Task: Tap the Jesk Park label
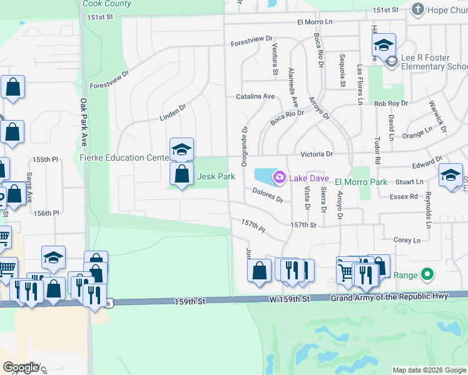[216, 177]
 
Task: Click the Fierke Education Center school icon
[181, 150]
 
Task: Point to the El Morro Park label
[361, 181]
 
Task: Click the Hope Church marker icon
[417, 9]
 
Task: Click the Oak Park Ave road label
[83, 119]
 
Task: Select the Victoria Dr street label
[317, 153]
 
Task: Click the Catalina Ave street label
[255, 97]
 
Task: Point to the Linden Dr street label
[173, 112]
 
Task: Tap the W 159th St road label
[290, 299]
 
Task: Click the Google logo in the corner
[21, 367]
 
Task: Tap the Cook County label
[107, 4]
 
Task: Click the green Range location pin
[427, 274]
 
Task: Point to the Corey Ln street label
[407, 240]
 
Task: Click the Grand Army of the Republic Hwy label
[389, 296]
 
